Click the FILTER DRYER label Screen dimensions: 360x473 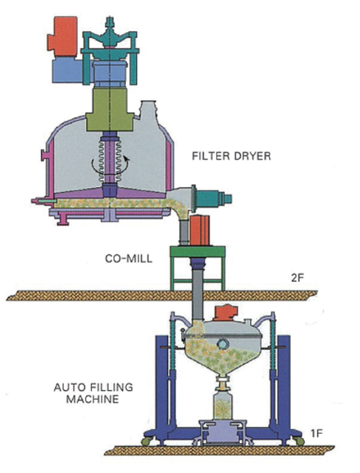pos(231,156)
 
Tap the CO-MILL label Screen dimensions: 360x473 pos(128,259)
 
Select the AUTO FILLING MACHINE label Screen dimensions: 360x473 pos(93,393)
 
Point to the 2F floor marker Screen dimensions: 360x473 pos(297,278)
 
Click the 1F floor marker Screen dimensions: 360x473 pos(317,433)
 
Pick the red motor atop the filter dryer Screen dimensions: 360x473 pos(63,37)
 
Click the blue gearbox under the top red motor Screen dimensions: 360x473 pos(67,70)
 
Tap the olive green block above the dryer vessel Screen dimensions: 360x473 pos(109,110)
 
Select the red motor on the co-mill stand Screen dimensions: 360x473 pos(200,230)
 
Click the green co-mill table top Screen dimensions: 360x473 pos(198,251)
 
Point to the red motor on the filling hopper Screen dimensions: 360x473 pos(225,313)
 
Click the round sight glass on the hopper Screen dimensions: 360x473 pos(223,344)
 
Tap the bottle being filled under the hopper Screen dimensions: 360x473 pos(223,406)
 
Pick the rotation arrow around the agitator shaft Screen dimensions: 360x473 pos(110,166)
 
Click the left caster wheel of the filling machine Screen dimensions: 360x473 pos(147,441)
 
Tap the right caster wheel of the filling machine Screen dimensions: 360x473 pos(299,441)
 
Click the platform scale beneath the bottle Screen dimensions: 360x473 pos(223,431)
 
